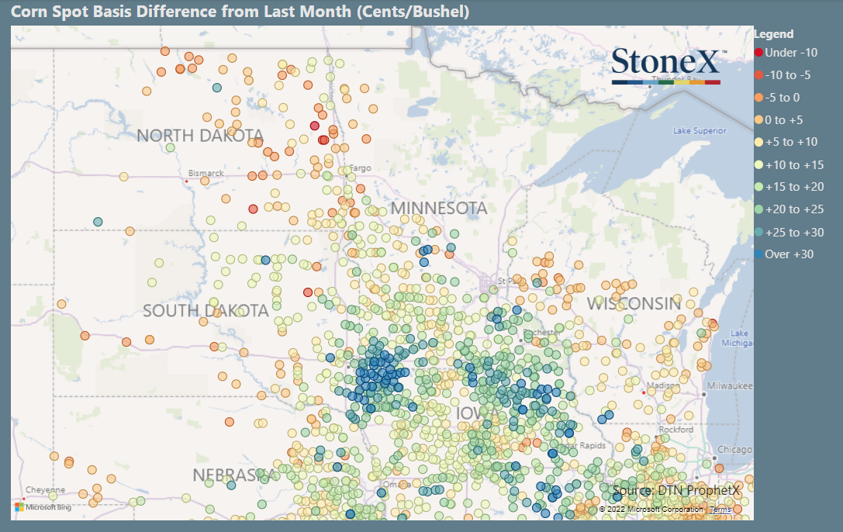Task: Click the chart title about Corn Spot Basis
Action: pyautogui.click(x=240, y=12)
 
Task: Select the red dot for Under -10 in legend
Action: pyautogui.click(x=758, y=53)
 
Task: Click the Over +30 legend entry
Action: pyautogui.click(x=789, y=254)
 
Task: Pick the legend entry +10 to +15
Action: pyautogui.click(x=793, y=164)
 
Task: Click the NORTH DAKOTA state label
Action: pyautogui.click(x=200, y=136)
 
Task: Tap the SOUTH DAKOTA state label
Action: pyautogui.click(x=206, y=311)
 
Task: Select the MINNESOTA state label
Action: pyautogui.click(x=439, y=208)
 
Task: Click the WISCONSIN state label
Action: pyautogui.click(x=634, y=303)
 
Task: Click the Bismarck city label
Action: pyautogui.click(x=206, y=173)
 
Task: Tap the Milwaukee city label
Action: pyautogui.click(x=730, y=385)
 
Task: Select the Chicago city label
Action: pyautogui.click(x=734, y=450)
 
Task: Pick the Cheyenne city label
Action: pyautogui.click(x=46, y=490)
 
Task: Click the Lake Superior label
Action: pyautogui.click(x=700, y=131)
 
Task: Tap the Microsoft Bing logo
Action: pyautogui.click(x=43, y=507)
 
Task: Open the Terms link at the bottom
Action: pyautogui.click(x=720, y=510)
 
